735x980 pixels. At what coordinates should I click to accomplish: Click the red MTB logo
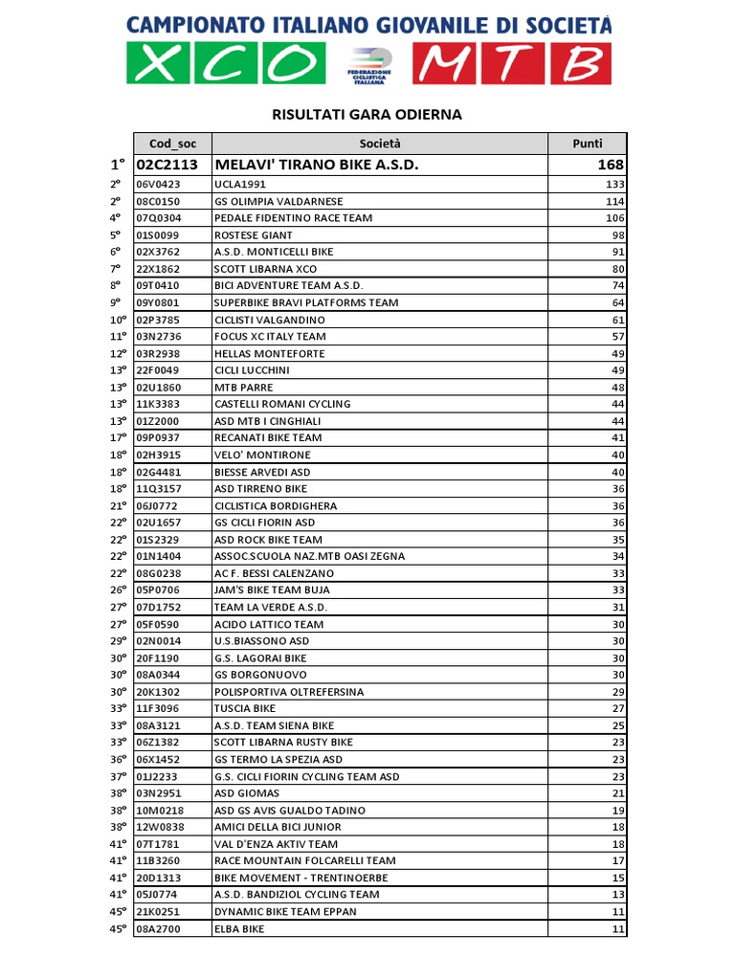(x=512, y=64)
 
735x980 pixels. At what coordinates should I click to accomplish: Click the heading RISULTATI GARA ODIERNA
(x=367, y=115)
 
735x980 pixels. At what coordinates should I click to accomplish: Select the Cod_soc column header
(x=172, y=144)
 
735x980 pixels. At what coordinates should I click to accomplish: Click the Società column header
(x=380, y=144)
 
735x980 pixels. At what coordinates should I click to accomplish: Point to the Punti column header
(x=587, y=144)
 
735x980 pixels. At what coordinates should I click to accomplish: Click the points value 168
(x=610, y=165)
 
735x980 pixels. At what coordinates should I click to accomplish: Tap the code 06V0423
(x=158, y=185)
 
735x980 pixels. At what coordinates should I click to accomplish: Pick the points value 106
(x=614, y=218)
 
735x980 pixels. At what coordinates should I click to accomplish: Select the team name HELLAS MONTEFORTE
(x=269, y=353)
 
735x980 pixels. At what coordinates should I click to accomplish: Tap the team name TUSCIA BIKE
(x=245, y=708)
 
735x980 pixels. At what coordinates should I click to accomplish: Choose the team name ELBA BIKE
(x=239, y=928)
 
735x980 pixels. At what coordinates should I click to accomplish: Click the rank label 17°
(x=118, y=437)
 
